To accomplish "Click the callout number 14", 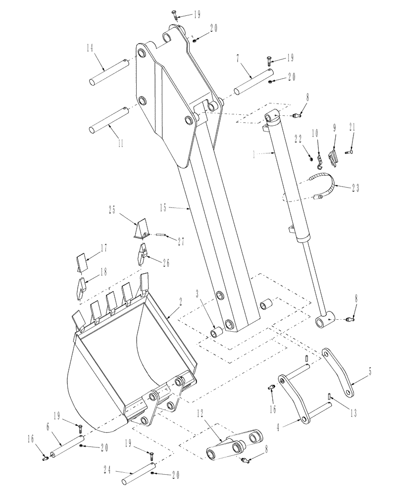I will pos(90,49).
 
